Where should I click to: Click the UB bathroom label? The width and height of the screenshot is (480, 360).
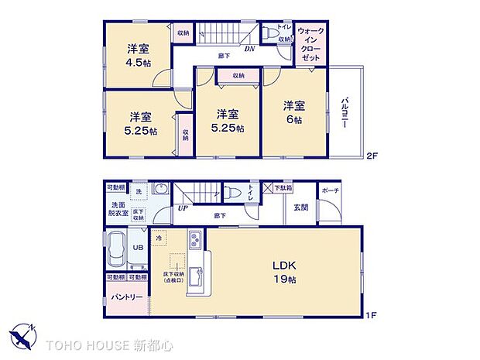click(138, 248)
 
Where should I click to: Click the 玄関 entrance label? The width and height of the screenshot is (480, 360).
click(301, 207)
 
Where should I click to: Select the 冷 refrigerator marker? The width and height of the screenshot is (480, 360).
click(158, 238)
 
